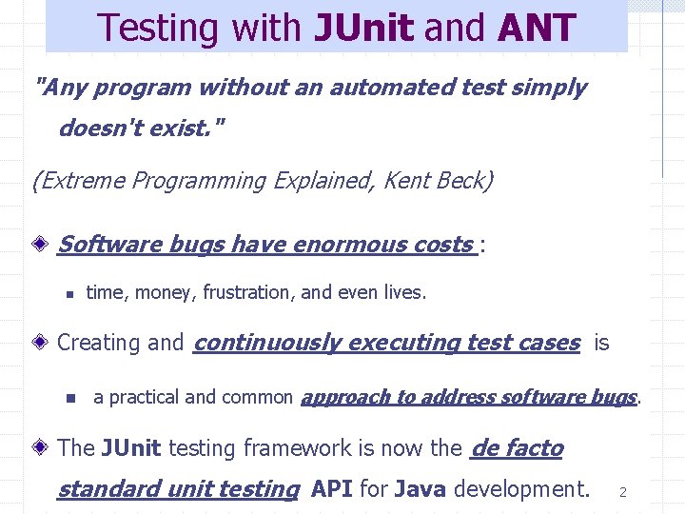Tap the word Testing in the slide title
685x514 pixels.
point(151,29)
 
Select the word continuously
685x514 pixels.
point(266,343)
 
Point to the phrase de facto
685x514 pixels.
point(517,447)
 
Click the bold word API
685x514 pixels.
point(332,489)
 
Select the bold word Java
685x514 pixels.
point(421,489)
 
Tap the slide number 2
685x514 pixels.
point(622,492)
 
